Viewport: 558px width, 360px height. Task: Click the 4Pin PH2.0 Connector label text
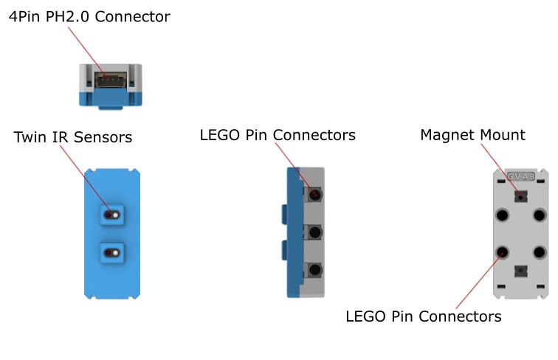pyautogui.click(x=89, y=16)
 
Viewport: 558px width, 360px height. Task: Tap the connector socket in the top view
pyautogui.click(x=110, y=78)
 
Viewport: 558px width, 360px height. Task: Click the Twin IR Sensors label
pyautogui.click(x=72, y=137)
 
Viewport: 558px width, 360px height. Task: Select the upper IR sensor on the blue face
pyautogui.click(x=112, y=214)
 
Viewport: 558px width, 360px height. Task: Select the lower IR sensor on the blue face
pyautogui.click(x=112, y=252)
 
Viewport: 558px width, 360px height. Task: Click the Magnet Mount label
pyautogui.click(x=472, y=135)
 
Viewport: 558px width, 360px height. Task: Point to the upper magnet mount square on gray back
pyautogui.click(x=521, y=197)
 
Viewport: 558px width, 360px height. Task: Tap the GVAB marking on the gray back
pyautogui.click(x=521, y=177)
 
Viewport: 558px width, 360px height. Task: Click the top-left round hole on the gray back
pyautogui.click(x=502, y=215)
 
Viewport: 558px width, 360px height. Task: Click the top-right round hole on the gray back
pyautogui.click(x=540, y=215)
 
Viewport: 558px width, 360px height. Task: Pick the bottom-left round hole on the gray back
pyautogui.click(x=502, y=252)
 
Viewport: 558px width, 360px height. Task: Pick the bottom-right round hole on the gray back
pyautogui.click(x=540, y=252)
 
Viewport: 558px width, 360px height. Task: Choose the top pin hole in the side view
pyautogui.click(x=315, y=195)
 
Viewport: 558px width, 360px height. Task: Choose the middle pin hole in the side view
pyautogui.click(x=315, y=233)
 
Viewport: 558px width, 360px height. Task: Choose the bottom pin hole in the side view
pyautogui.click(x=315, y=271)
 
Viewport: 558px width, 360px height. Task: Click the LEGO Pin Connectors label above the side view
pyautogui.click(x=278, y=136)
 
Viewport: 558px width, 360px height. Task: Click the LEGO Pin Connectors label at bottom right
pyautogui.click(x=423, y=316)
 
